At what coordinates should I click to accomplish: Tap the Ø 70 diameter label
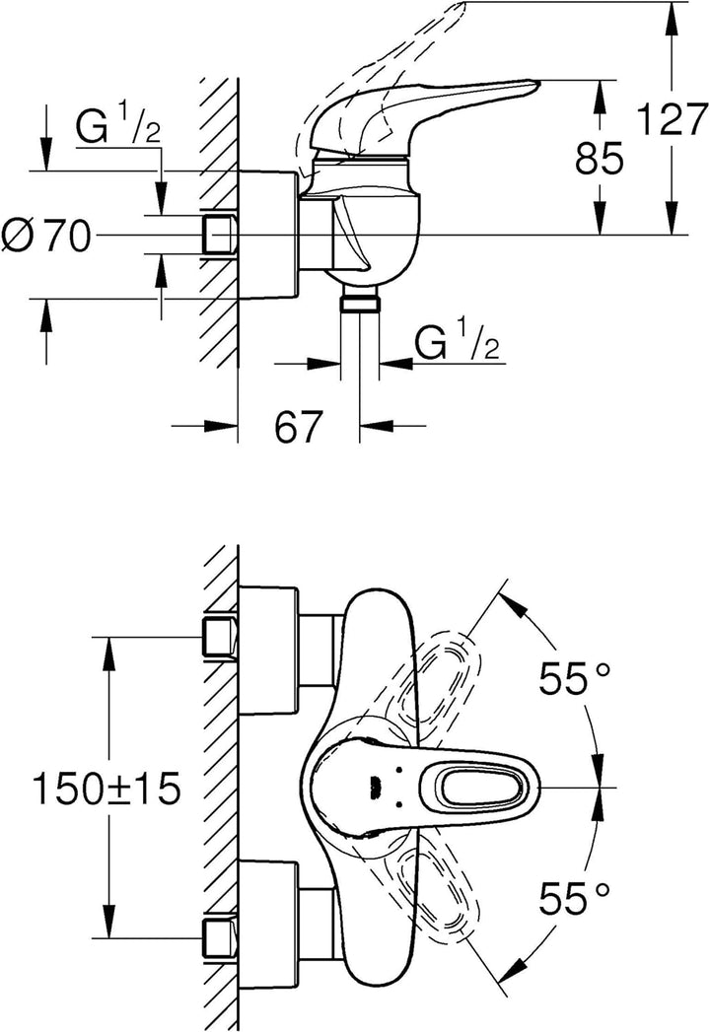[x=45, y=237]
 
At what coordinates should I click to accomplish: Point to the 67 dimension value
[x=299, y=426]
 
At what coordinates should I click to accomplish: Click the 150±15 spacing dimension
[x=106, y=790]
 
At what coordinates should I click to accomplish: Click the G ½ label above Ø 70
[x=118, y=128]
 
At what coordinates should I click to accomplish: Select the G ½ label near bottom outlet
[x=456, y=342]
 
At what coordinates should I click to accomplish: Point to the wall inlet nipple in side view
[x=220, y=235]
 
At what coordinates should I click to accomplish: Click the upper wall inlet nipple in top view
[x=220, y=638]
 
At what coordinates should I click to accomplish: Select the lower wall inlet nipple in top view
[x=220, y=937]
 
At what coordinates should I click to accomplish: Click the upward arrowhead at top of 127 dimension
[x=671, y=16]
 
